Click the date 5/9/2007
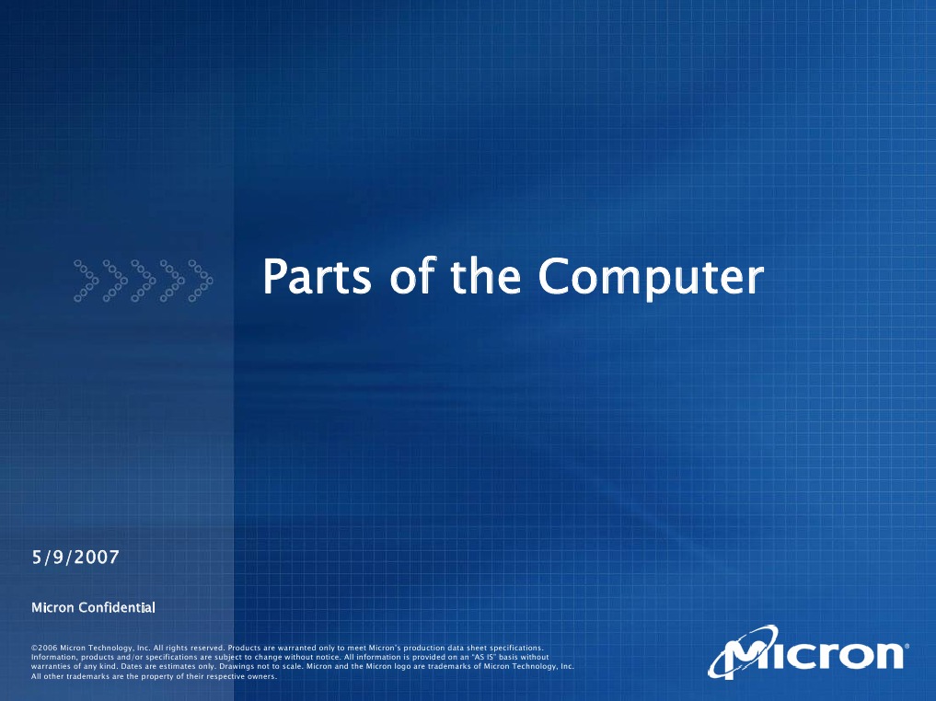76,557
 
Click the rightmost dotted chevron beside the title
200,281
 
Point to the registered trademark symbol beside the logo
907,647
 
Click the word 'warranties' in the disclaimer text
52,667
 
